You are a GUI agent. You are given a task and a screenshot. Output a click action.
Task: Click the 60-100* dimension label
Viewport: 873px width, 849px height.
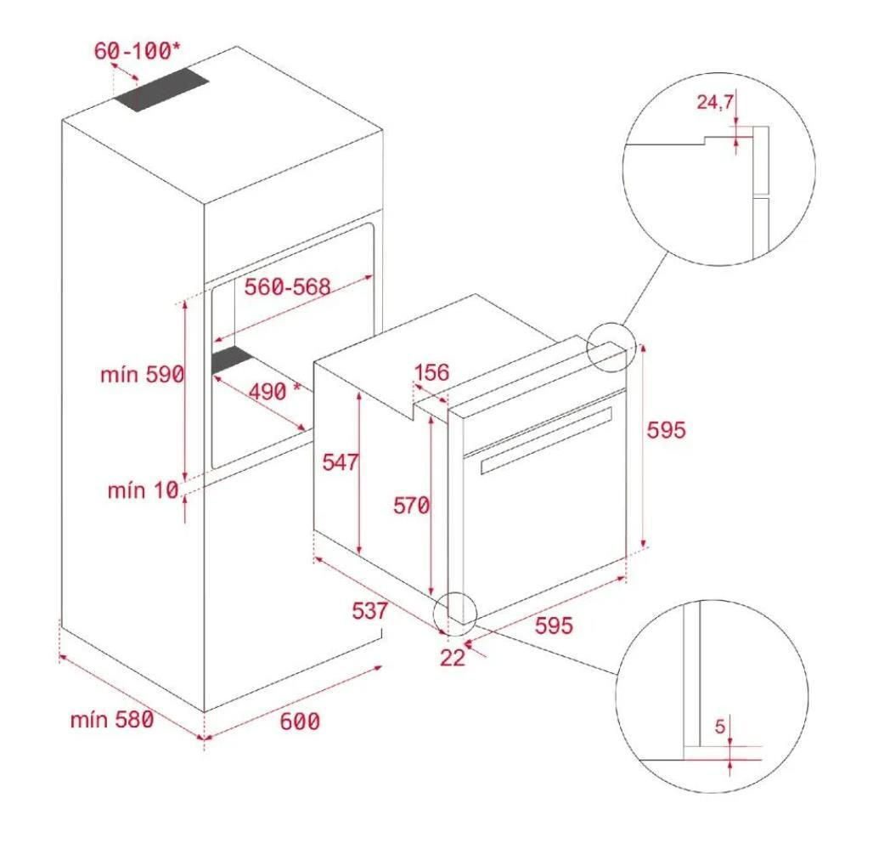click(137, 51)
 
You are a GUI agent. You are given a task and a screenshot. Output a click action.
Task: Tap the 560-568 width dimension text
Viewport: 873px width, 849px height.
click(287, 287)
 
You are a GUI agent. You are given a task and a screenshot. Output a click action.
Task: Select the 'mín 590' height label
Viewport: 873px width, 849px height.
click(142, 375)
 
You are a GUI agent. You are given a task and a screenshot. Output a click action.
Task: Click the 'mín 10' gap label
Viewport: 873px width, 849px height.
click(143, 491)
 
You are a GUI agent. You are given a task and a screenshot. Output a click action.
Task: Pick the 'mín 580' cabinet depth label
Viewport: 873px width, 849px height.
click(112, 720)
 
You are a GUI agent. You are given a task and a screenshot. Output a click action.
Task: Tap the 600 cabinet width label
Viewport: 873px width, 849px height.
click(300, 722)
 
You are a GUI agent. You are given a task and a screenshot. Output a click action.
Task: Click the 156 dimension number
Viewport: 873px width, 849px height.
click(431, 372)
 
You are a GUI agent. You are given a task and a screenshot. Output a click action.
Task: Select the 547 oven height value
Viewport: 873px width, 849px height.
click(341, 461)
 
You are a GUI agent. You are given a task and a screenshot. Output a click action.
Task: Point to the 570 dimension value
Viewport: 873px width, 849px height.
click(411, 506)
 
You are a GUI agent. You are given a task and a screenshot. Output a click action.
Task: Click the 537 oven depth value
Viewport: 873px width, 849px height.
click(369, 611)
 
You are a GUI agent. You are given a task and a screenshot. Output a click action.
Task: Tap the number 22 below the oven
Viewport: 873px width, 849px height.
click(452, 658)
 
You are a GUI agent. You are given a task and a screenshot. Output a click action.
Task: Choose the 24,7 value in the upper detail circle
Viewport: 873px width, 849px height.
click(715, 102)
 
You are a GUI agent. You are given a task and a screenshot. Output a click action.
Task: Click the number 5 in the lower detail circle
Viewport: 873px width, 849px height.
click(720, 727)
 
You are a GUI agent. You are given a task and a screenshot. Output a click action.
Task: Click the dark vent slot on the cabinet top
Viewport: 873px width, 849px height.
click(161, 90)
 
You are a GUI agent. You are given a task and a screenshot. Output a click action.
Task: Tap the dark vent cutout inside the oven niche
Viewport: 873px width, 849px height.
click(232, 359)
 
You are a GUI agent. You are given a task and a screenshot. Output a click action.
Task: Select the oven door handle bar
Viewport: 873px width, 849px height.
click(546, 440)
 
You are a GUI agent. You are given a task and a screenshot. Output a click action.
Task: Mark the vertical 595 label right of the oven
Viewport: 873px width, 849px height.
click(667, 430)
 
